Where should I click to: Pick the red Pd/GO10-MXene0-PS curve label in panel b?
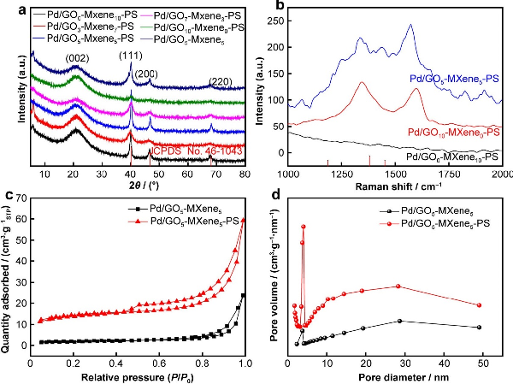(x=454, y=132)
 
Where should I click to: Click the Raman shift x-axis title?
(x=396, y=186)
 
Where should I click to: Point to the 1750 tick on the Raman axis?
(x=448, y=174)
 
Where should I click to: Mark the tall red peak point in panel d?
(x=304, y=227)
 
